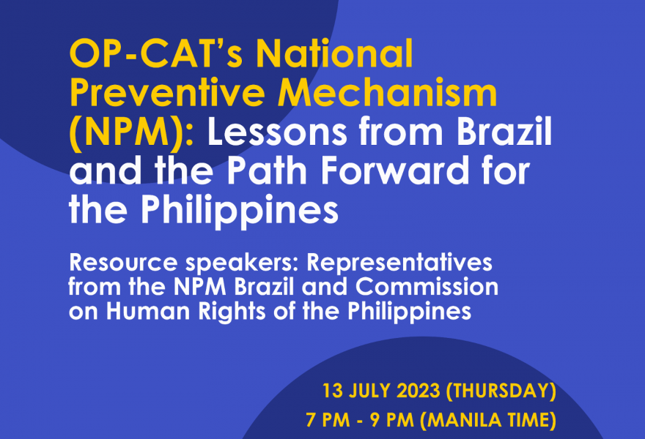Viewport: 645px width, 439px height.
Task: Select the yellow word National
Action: (334, 53)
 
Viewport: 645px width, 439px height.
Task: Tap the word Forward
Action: (395, 170)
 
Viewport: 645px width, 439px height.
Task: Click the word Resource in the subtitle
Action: (123, 263)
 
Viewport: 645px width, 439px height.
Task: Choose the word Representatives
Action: (399, 263)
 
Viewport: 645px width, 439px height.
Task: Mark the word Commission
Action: (427, 287)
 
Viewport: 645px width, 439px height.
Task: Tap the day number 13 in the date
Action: (332, 391)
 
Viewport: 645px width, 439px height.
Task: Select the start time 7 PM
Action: (328, 420)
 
